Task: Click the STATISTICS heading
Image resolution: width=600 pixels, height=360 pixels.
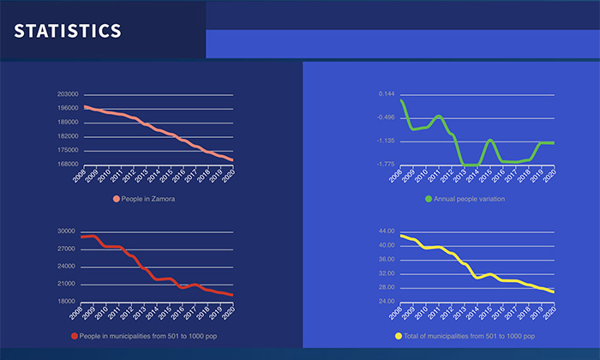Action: [68, 31]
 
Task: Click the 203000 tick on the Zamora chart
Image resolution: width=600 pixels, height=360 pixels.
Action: [68, 94]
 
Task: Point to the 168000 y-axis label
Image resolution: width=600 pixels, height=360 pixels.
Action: [68, 164]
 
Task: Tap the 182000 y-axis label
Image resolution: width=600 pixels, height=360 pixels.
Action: [68, 136]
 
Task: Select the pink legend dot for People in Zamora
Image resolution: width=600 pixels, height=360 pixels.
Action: [117, 199]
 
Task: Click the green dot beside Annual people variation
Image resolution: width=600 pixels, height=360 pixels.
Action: [429, 199]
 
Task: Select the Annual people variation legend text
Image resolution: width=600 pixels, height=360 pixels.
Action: [470, 199]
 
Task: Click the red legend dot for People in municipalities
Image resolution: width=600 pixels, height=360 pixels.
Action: [75, 336]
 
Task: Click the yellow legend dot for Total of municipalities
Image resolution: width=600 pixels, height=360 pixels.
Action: [399, 336]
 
